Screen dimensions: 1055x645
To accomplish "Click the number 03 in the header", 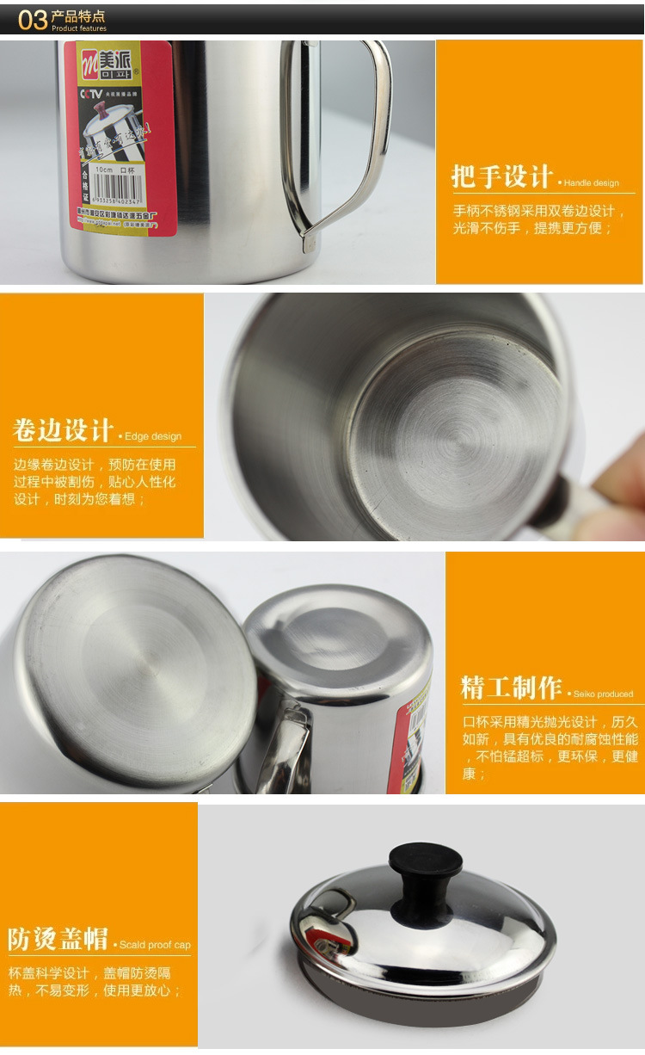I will click(x=32, y=19).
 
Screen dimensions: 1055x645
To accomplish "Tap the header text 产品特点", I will click(x=78, y=15).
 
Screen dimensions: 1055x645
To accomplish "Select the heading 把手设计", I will click(x=501, y=177).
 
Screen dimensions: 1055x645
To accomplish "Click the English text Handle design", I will click(x=591, y=183).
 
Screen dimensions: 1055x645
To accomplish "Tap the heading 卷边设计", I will click(x=63, y=430).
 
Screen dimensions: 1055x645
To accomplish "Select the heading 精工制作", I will click(x=511, y=688).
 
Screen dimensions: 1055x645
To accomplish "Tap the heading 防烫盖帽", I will click(x=58, y=939).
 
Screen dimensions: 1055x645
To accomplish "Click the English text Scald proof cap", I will click(x=155, y=945).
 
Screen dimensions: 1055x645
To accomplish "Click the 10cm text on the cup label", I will click(x=104, y=170).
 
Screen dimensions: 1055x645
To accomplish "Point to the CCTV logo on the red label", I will click(x=91, y=92).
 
